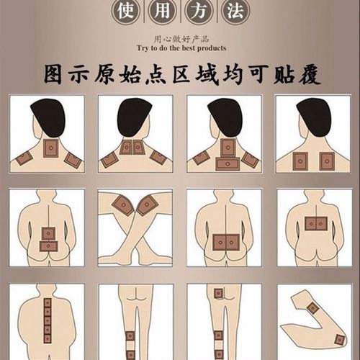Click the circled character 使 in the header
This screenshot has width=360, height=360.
click(x=124, y=12)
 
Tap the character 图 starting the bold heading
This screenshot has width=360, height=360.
click(x=55, y=74)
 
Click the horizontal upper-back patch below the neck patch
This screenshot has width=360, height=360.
click(x=225, y=165)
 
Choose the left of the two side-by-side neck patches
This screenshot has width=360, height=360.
click(x=126, y=148)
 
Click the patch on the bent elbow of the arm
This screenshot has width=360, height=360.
click(x=313, y=309)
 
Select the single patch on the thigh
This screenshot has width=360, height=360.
click(x=217, y=294)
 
